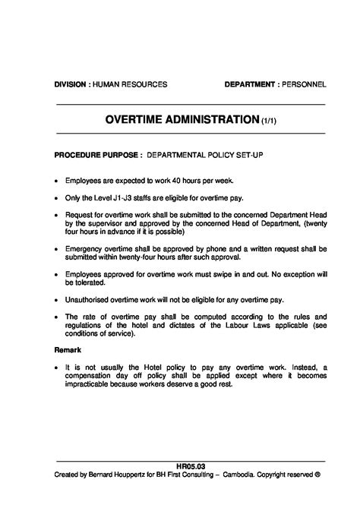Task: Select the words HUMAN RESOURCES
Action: [129, 84]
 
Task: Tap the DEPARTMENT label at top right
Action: [251, 84]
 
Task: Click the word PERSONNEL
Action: [305, 84]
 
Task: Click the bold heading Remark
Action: [68, 350]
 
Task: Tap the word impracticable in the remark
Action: [88, 383]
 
